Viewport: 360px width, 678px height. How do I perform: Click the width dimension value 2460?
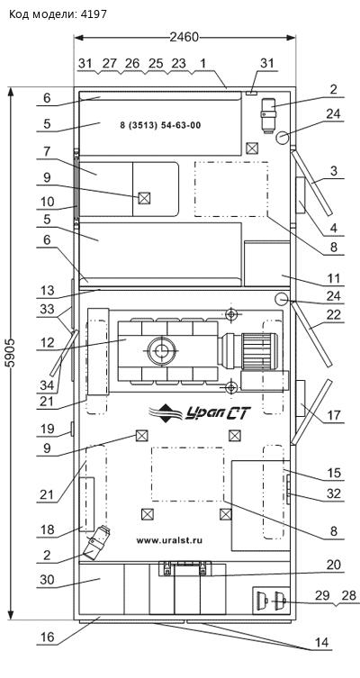(184, 38)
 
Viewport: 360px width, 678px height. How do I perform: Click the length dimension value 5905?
(11, 353)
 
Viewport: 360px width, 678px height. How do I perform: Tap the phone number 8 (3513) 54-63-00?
(160, 125)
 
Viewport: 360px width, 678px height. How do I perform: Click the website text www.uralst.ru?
(169, 540)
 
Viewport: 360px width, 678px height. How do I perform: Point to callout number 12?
(47, 343)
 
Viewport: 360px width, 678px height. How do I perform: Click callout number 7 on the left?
(47, 152)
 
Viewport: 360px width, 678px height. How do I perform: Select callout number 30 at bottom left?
(47, 580)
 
